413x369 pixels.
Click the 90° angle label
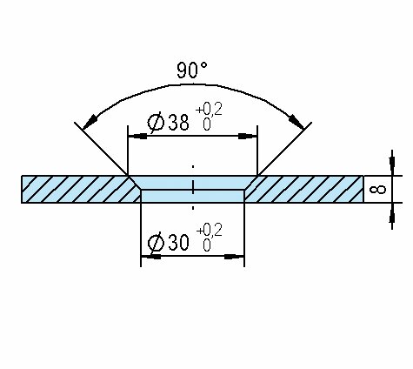pyautogui.click(x=192, y=70)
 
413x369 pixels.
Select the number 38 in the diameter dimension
pyautogui.click(x=179, y=122)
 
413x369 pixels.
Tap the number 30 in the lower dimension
pyautogui.click(x=179, y=243)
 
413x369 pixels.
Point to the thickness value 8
pyautogui.click(x=378, y=190)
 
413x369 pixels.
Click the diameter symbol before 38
pyautogui.click(x=156, y=123)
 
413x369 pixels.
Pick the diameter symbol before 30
pyautogui.click(x=156, y=243)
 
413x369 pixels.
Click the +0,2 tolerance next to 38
pyautogui.click(x=209, y=110)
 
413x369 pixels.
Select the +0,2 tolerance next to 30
pyautogui.click(x=210, y=231)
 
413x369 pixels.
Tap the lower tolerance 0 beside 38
pyautogui.click(x=207, y=125)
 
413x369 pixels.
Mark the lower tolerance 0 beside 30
pyautogui.click(x=207, y=245)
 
